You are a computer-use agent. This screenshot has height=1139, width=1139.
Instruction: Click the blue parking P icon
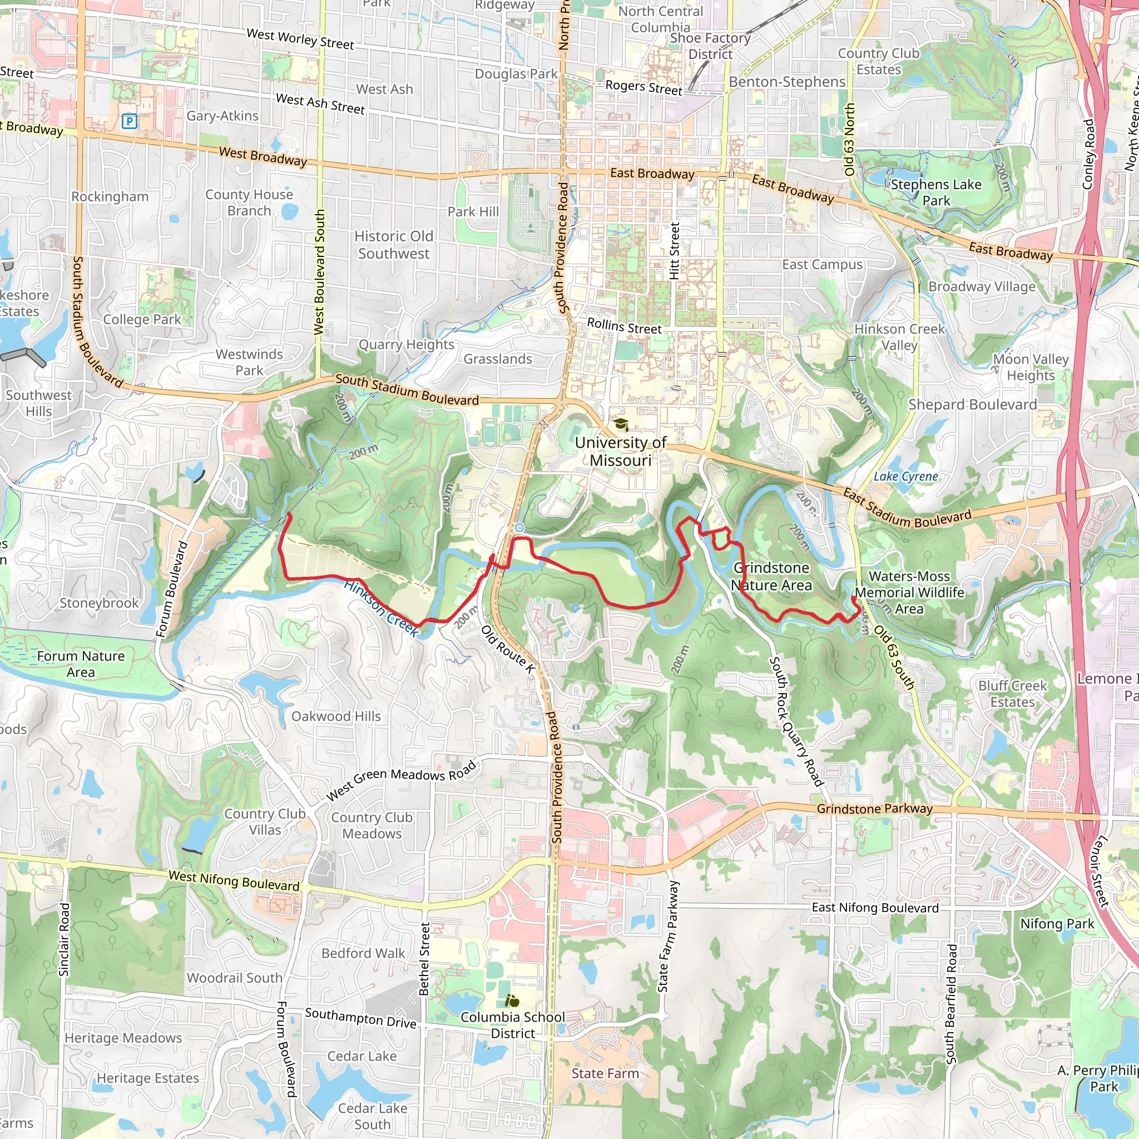coord(129,121)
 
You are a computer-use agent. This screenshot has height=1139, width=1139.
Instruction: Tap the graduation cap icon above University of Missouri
coord(621,424)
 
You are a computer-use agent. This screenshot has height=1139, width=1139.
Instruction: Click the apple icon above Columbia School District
coord(512,1001)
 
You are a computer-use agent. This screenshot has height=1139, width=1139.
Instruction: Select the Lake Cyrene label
coord(905,477)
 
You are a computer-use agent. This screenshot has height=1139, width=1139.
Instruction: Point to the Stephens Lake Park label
coord(935,193)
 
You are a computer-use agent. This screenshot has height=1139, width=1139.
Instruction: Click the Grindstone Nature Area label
coord(772,577)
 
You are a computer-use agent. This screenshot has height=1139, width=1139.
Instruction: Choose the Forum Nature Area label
coord(81,664)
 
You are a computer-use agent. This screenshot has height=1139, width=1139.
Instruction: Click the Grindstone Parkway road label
coord(874,809)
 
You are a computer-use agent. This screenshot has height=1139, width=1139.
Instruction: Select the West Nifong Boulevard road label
coord(234,881)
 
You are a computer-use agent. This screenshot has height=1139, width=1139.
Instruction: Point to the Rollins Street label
coord(625,326)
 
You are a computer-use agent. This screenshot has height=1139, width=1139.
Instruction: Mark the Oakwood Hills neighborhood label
coord(336,716)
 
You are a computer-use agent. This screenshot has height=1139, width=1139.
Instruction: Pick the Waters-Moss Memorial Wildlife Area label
coord(909,592)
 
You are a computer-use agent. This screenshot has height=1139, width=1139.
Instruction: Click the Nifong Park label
coord(1057,924)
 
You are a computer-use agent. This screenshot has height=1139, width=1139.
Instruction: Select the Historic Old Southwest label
coord(394,245)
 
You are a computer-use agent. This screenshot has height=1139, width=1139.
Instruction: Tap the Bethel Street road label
coord(424,959)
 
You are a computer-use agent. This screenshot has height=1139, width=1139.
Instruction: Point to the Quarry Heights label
coord(406,344)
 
